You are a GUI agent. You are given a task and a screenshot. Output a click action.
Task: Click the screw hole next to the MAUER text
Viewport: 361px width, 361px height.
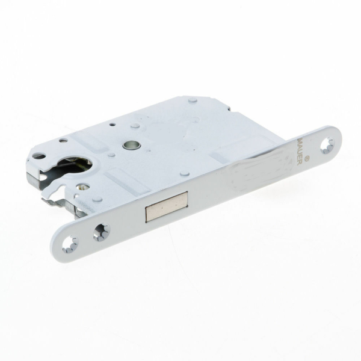pyautogui.click(x=327, y=145)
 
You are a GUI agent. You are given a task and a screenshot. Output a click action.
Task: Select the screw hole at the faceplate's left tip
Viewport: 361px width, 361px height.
pyautogui.click(x=71, y=244)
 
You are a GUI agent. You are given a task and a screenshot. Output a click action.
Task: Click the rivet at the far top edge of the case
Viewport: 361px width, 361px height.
pyautogui.click(x=193, y=100)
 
